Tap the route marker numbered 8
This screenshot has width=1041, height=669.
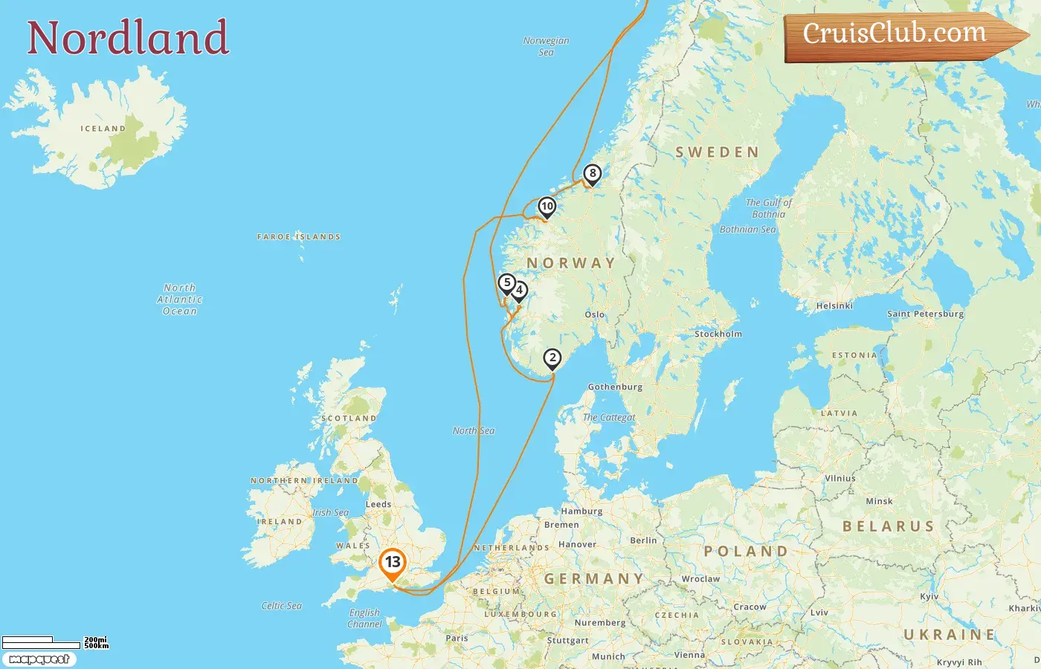point(592,174)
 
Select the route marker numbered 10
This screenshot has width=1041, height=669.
point(547,207)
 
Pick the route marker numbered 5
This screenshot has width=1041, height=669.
point(507,283)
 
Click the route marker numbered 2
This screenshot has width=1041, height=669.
point(552,358)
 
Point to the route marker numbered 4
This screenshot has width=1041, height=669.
point(520,291)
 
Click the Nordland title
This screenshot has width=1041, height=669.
point(128,38)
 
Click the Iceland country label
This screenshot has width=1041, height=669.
point(103,129)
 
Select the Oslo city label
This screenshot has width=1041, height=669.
point(594,314)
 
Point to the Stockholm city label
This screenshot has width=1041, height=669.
point(718,334)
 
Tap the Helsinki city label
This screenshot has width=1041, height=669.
point(834,306)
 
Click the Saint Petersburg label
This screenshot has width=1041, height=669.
point(925,314)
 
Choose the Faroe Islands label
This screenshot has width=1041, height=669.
point(299,237)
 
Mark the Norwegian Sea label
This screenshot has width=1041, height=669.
point(546,46)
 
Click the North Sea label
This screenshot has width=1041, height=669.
point(474,430)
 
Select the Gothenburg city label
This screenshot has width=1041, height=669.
point(615,387)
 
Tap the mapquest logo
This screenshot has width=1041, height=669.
point(39,659)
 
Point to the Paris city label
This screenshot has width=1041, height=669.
point(457,638)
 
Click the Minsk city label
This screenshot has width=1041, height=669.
point(879,501)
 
